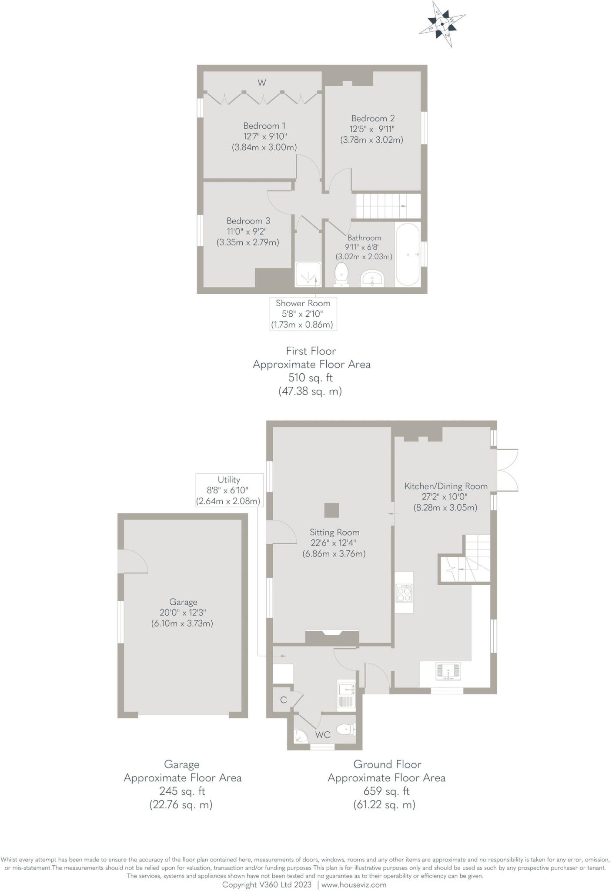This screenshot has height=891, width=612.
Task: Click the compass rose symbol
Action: coord(442,24)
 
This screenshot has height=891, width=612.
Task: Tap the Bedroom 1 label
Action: coord(264,126)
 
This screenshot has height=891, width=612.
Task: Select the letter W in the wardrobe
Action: coord(262,83)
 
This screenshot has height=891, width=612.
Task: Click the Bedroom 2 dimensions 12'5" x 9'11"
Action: coord(373,129)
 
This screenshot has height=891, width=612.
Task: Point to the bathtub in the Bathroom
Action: coord(408,255)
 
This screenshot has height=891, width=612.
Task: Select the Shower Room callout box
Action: coord(303,314)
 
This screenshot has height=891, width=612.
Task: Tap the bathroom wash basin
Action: coord(372,278)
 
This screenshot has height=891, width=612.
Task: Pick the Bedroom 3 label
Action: coord(248,221)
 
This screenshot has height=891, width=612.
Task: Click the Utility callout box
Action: coord(229,490)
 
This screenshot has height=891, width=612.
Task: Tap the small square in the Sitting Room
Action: coord(331,510)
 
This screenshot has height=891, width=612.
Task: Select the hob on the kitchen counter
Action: coord(404,593)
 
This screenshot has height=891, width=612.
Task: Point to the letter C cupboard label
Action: coord(283,700)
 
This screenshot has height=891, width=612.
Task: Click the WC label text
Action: coord(323,735)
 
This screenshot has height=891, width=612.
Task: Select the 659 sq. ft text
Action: coord(386,791)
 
